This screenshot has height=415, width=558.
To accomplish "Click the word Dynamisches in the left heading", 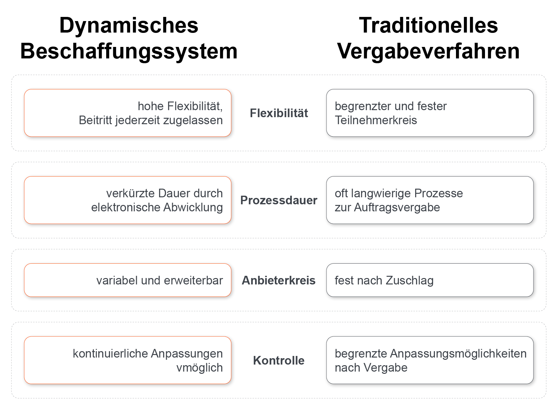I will click(x=128, y=26).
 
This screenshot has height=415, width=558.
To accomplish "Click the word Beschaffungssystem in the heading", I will click(x=128, y=51).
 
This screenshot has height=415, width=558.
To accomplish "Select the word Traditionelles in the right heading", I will click(x=428, y=26).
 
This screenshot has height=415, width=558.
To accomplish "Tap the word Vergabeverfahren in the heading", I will click(x=428, y=51).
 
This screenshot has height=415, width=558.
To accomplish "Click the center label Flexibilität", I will click(x=279, y=113).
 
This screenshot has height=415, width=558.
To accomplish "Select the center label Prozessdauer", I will click(x=279, y=200).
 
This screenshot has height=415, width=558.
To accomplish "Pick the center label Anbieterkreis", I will click(x=279, y=280).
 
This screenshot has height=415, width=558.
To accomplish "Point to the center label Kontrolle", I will click(x=279, y=360).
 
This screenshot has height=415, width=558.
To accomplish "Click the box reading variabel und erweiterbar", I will click(x=128, y=280).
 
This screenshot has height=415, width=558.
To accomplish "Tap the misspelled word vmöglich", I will click(x=200, y=368).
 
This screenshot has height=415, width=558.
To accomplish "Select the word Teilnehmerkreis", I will click(x=376, y=120).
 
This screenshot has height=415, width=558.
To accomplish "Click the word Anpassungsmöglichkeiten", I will click(x=458, y=354).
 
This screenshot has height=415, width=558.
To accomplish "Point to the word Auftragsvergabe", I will click(x=397, y=207).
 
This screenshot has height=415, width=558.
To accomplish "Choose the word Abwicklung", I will click(x=193, y=207).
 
